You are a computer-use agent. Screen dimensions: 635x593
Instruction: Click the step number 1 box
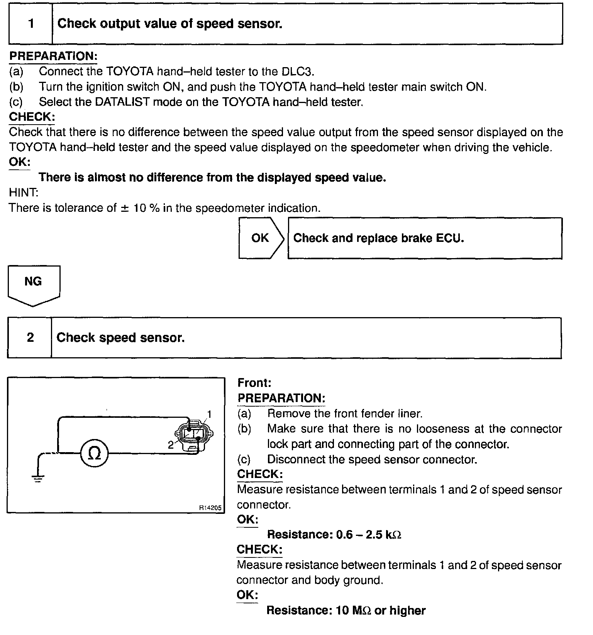31,24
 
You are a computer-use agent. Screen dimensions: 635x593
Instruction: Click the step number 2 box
30,338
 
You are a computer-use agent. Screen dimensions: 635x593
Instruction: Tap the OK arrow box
261,238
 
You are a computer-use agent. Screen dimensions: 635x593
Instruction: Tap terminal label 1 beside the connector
209,414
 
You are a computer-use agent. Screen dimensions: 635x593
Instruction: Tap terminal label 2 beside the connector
171,445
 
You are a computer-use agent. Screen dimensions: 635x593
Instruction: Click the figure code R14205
210,508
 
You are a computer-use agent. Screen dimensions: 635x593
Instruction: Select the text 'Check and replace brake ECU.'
378,238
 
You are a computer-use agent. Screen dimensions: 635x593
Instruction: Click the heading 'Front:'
254,383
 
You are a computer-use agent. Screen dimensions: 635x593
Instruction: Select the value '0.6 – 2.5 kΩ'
369,535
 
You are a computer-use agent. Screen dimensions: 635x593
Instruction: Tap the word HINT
23,193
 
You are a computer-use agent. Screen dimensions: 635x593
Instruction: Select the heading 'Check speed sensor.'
120,338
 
